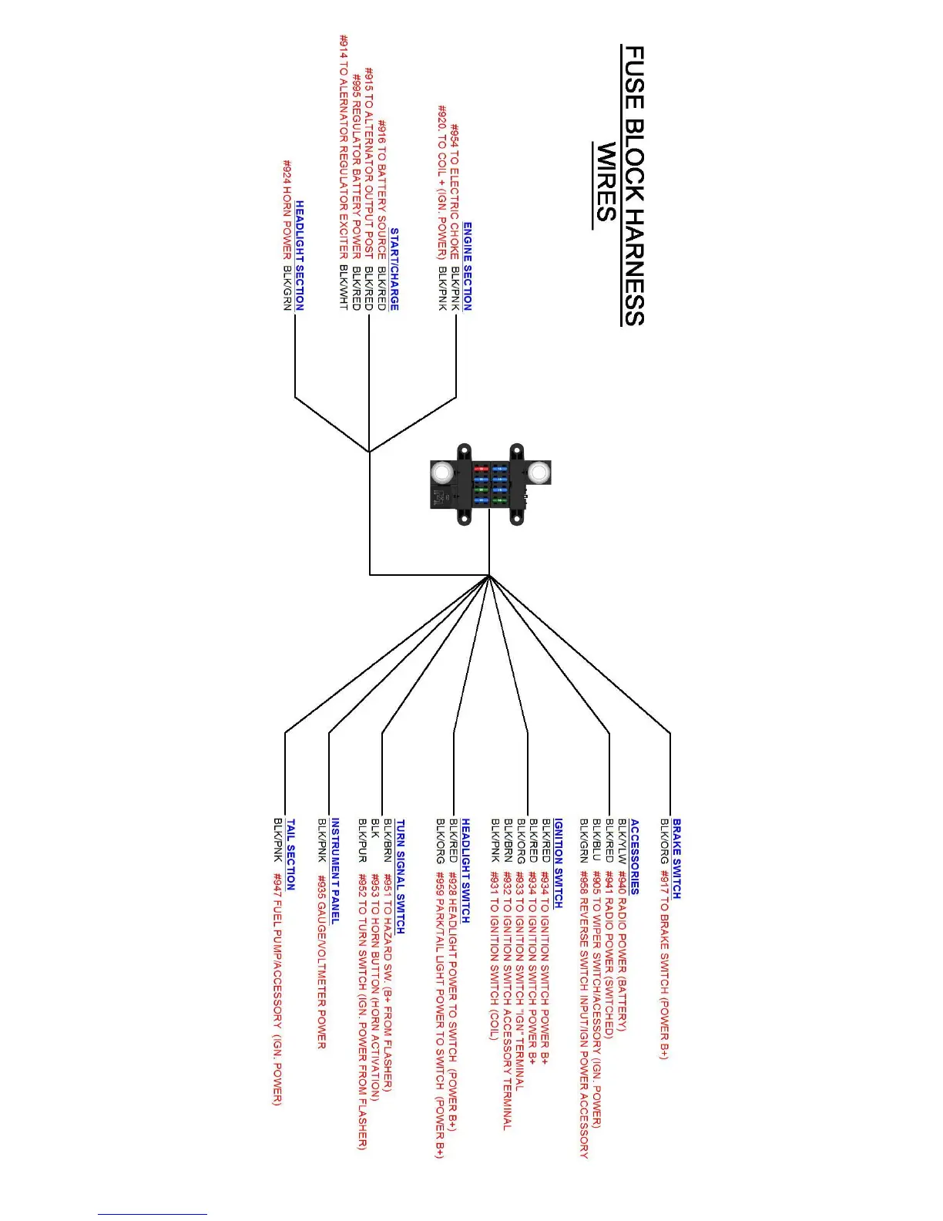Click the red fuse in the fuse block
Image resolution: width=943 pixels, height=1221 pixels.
coord(481,468)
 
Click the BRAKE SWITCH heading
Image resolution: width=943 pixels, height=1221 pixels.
coord(676,858)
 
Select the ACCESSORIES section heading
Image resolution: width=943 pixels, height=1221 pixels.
coord(634,856)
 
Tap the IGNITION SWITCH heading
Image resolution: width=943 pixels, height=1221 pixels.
coord(558,863)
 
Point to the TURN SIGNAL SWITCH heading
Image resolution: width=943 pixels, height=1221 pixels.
coord(400,876)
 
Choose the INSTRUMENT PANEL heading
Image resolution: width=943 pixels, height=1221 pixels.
coord(335,870)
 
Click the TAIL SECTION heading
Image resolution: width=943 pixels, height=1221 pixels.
coord(290,854)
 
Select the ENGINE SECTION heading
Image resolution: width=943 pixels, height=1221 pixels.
coord(467,267)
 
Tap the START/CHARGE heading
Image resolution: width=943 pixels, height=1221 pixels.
coord(394,269)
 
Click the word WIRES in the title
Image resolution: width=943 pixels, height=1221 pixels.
coord(606,183)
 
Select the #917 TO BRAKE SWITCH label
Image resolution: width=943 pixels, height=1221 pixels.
coord(664,964)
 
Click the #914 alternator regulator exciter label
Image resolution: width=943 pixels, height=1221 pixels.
coord(344,146)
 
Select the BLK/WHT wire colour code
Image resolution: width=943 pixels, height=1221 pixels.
coord(344,287)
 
